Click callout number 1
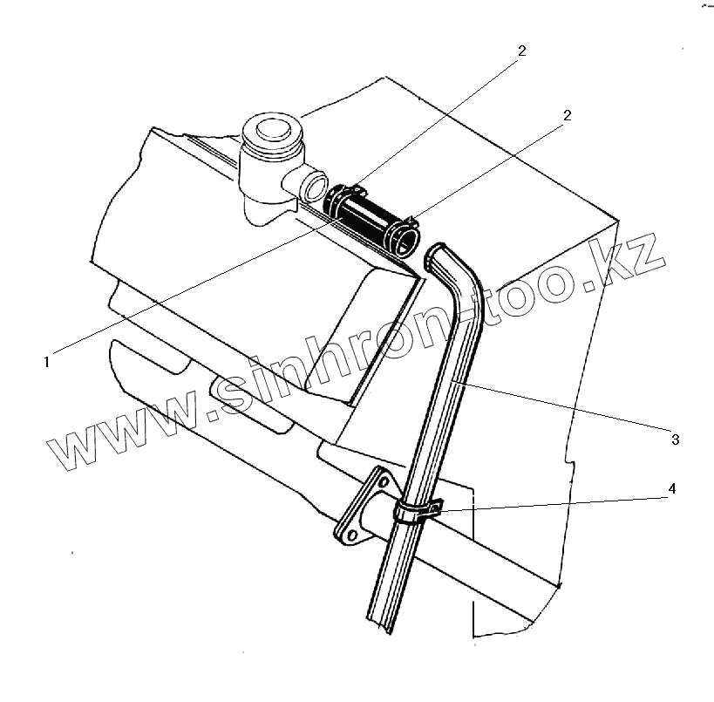pos(48,359)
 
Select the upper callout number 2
pos(521,51)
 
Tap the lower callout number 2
pos(567,116)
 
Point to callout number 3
pos(675,440)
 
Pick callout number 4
pos(671,489)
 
